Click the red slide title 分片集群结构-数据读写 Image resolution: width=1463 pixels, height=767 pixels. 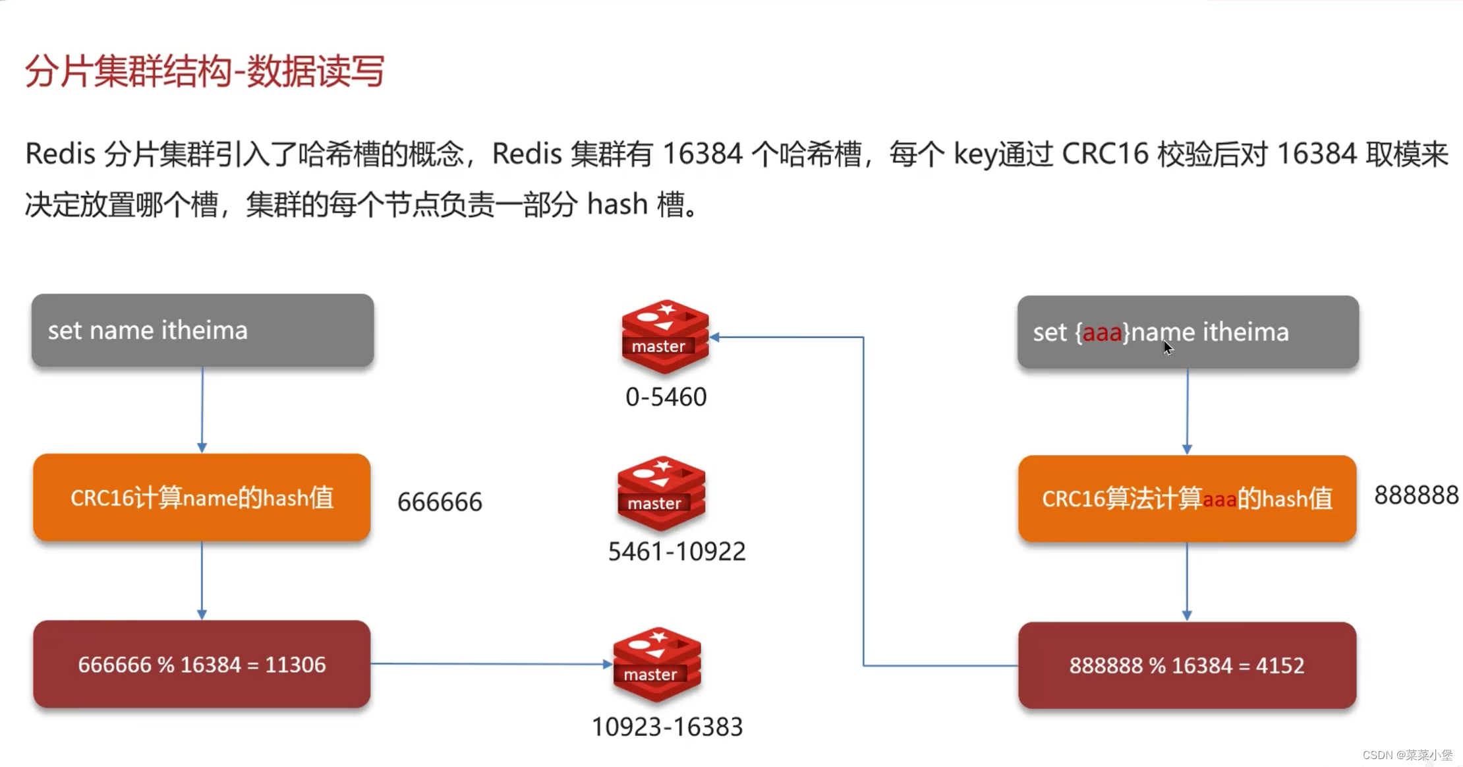[204, 71]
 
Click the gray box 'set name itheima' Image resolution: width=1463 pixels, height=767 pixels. [202, 330]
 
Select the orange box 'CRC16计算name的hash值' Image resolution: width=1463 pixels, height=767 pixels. [202, 498]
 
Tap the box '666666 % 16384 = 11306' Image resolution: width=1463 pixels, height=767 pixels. [202, 664]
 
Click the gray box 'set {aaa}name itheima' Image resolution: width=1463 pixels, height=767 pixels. [1188, 332]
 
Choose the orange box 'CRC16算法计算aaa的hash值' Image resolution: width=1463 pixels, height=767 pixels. [1187, 499]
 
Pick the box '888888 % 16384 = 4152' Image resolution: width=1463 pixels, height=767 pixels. [1187, 665]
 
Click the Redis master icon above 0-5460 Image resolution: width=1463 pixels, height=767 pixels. [664, 337]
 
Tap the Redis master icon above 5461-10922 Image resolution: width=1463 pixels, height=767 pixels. [661, 493]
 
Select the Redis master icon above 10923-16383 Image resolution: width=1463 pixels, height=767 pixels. [656, 665]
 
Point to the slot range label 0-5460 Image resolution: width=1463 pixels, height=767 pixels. [666, 397]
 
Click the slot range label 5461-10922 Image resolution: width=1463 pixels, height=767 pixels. [676, 551]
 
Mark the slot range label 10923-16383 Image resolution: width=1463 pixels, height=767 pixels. [667, 727]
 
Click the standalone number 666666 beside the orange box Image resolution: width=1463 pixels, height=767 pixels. [440, 502]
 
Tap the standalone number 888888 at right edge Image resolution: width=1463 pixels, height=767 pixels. [1416, 495]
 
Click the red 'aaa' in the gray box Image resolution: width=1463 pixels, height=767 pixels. [1102, 332]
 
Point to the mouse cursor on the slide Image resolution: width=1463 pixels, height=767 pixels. [1168, 348]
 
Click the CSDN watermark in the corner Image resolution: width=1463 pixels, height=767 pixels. [1407, 755]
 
